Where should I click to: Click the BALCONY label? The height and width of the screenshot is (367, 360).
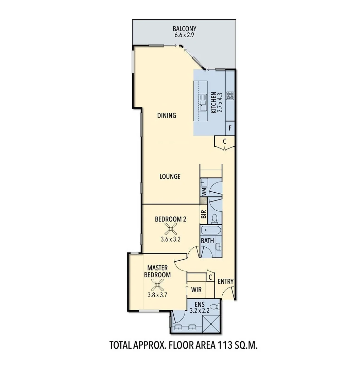tap(184, 29)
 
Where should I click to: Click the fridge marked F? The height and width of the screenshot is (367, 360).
tap(230, 129)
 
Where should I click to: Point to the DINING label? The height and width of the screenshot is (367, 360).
tap(167, 116)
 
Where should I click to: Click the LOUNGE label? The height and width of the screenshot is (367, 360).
tap(170, 177)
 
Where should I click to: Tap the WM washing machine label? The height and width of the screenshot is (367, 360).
tap(204, 192)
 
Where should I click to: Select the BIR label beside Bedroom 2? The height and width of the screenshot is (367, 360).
tap(204, 214)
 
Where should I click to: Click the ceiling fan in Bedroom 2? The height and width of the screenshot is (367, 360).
tap(170, 229)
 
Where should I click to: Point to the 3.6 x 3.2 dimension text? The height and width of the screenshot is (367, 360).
tap(170, 239)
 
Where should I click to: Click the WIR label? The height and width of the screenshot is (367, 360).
tap(196, 290)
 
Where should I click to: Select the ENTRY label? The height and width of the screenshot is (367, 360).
tap(225, 281)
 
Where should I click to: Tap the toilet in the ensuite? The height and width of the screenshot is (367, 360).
tap(214, 307)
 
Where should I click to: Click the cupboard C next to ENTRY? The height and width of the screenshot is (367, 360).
tap(210, 277)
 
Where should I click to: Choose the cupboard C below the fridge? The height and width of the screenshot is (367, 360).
tap(224, 141)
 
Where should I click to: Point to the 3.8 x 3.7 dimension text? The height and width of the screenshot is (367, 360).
tap(157, 295)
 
